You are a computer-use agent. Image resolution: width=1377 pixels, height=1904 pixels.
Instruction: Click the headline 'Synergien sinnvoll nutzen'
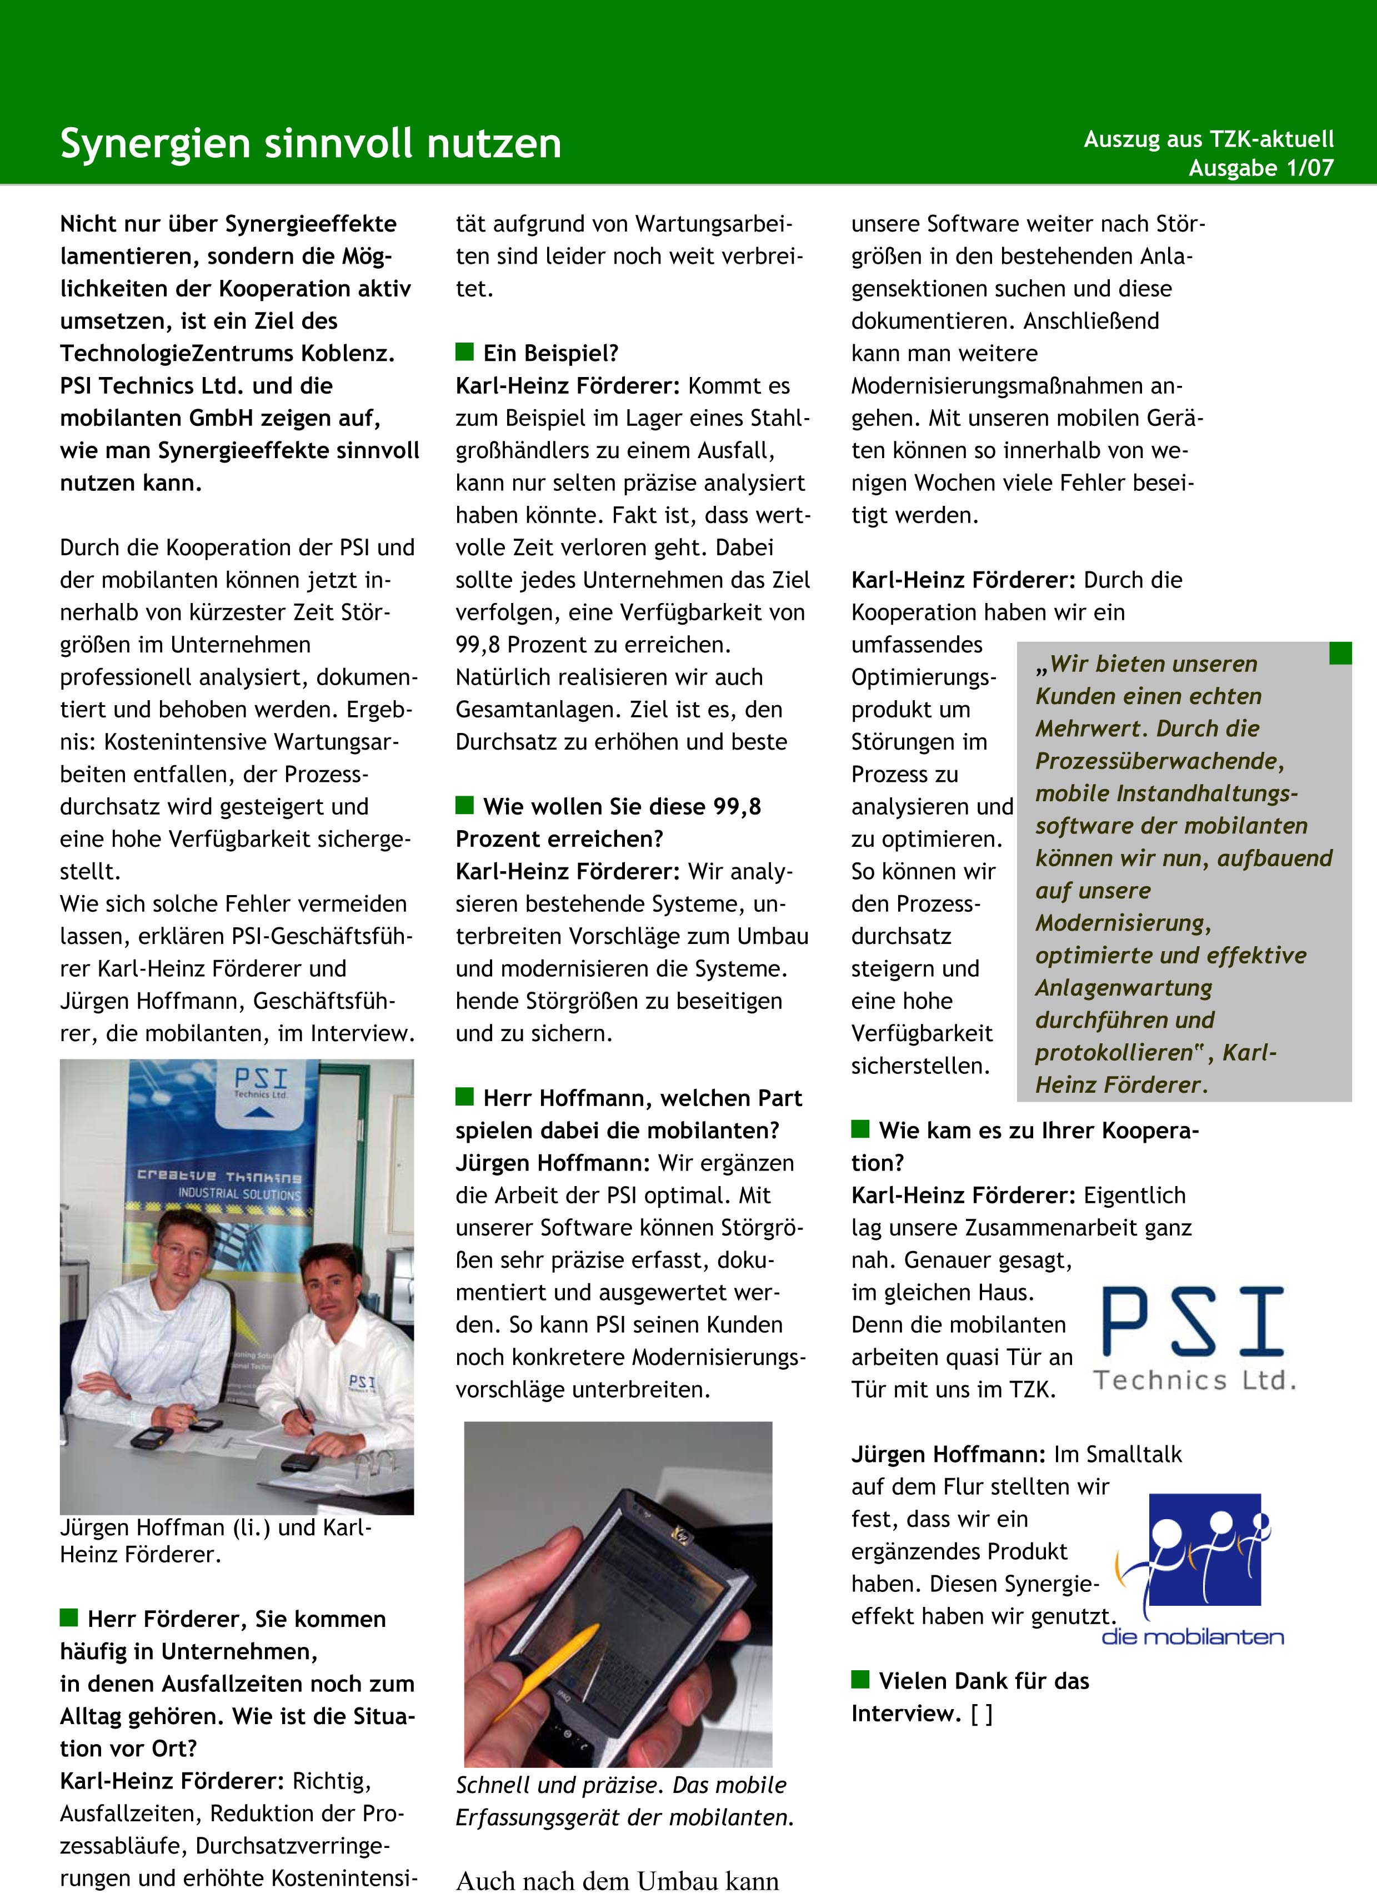[x=311, y=144]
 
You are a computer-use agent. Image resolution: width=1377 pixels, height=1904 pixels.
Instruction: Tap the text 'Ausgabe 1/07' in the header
[x=1260, y=168]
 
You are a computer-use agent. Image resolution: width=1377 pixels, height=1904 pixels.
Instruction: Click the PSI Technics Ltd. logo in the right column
[x=1193, y=1335]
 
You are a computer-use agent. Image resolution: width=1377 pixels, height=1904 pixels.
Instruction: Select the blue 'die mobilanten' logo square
[x=1204, y=1549]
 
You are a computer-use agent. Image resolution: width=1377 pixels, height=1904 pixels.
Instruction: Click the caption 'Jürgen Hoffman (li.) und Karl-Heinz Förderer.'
[x=215, y=1540]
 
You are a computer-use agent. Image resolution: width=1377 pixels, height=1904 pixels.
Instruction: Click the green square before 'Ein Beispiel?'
[x=464, y=351]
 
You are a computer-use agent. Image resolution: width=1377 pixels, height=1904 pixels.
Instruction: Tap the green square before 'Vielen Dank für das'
[x=860, y=1679]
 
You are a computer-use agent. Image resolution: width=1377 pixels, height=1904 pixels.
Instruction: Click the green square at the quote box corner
[x=1340, y=653]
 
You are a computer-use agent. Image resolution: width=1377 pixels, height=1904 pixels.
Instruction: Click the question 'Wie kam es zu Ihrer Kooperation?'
[x=1024, y=1146]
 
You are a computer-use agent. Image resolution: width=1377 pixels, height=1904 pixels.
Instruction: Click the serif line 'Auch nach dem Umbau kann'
[x=617, y=1881]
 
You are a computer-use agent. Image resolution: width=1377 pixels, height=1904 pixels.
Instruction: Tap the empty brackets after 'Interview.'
[x=982, y=1714]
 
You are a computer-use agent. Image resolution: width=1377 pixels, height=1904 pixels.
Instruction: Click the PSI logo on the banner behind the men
[x=261, y=1081]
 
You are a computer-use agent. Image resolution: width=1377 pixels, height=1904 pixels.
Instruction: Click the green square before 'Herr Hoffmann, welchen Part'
[x=464, y=1097]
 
